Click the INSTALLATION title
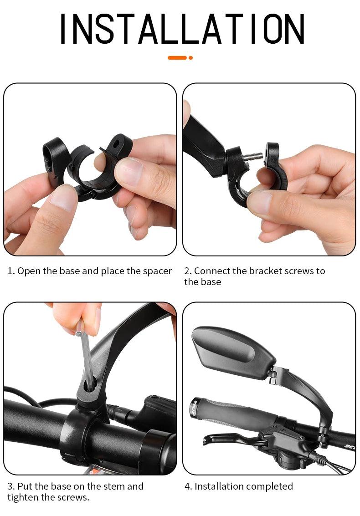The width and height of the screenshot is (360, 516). coord(182,29)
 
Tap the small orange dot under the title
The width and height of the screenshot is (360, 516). coord(190,58)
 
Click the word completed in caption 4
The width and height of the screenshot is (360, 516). coord(268,486)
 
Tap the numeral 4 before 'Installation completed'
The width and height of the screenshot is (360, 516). coord(187,486)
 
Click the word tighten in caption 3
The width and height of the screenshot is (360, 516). coord(22,497)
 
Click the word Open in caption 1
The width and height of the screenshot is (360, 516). coord(27,271)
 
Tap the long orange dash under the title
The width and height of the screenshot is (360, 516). coord(177,58)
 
